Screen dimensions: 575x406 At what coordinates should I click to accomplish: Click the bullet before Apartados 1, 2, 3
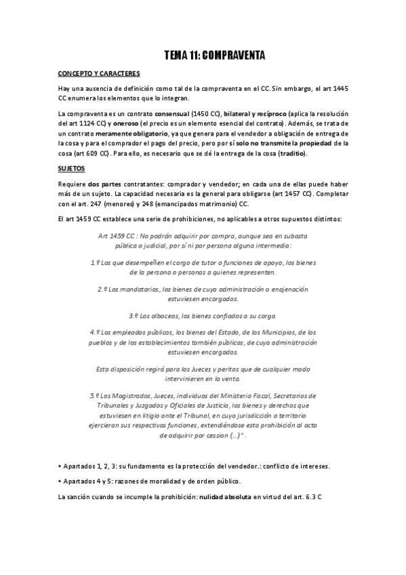coord(60,467)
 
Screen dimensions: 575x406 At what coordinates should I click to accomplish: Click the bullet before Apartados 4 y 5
coord(60,481)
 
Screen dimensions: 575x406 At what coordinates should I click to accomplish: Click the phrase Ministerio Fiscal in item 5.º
coord(230,395)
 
